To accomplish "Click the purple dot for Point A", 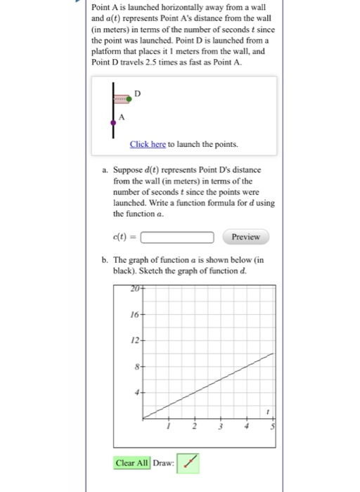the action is click(113, 123).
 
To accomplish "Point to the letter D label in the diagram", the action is click(137, 92).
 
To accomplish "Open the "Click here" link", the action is click(148, 144).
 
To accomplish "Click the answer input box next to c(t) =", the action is click(178, 237).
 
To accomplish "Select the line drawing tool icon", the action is click(188, 462).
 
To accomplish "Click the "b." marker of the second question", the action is click(105, 260).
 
